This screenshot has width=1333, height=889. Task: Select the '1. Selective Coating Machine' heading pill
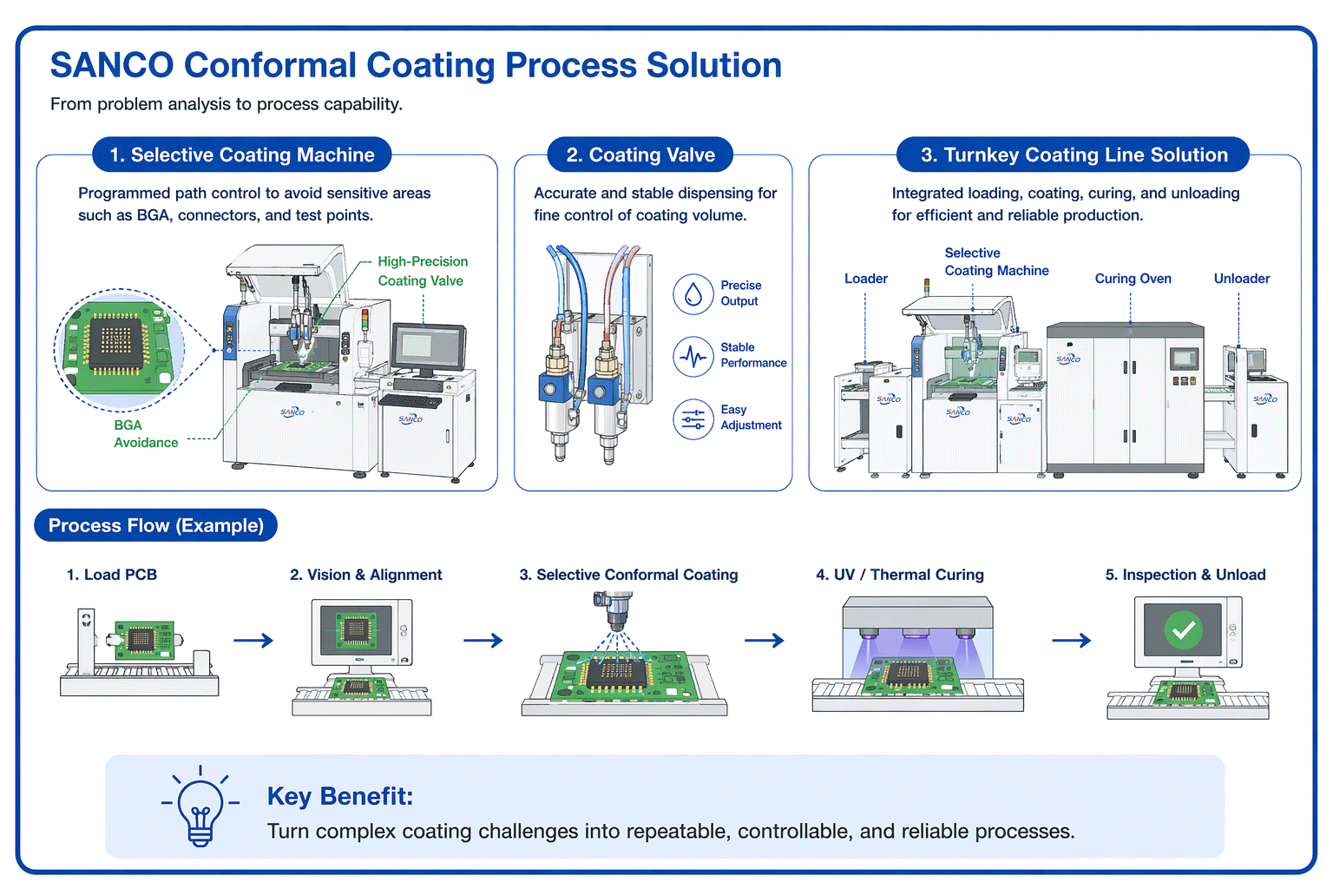pos(242,155)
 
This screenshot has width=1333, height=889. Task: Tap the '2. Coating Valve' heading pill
pos(640,155)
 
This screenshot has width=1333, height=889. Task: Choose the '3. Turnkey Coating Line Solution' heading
pos(1074,155)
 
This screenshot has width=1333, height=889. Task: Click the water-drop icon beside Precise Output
pos(693,293)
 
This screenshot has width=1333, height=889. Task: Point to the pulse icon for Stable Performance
pos(693,356)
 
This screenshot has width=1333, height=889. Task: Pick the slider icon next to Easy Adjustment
pos(693,418)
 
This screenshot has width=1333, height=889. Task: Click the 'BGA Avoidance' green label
pos(145,434)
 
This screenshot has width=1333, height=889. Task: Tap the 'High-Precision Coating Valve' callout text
pos(422,271)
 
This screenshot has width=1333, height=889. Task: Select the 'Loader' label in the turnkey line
pos(865,279)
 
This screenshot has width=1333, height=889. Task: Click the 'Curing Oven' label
pos(1133,279)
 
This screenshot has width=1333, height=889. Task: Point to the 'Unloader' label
pos(1241,279)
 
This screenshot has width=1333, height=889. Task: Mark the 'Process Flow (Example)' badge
pos(156,526)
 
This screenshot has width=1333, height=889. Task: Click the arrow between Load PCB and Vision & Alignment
pos(253,641)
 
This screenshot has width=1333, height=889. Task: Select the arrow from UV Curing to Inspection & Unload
pos(1071,641)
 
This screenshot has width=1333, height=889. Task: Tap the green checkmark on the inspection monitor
pos(1183,630)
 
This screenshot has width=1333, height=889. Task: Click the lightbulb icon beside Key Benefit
pos(200,808)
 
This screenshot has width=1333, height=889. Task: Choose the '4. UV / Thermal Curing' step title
pos(899,575)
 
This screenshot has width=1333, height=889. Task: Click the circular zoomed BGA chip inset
pos(119,349)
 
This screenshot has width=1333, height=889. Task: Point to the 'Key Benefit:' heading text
pos(340,796)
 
